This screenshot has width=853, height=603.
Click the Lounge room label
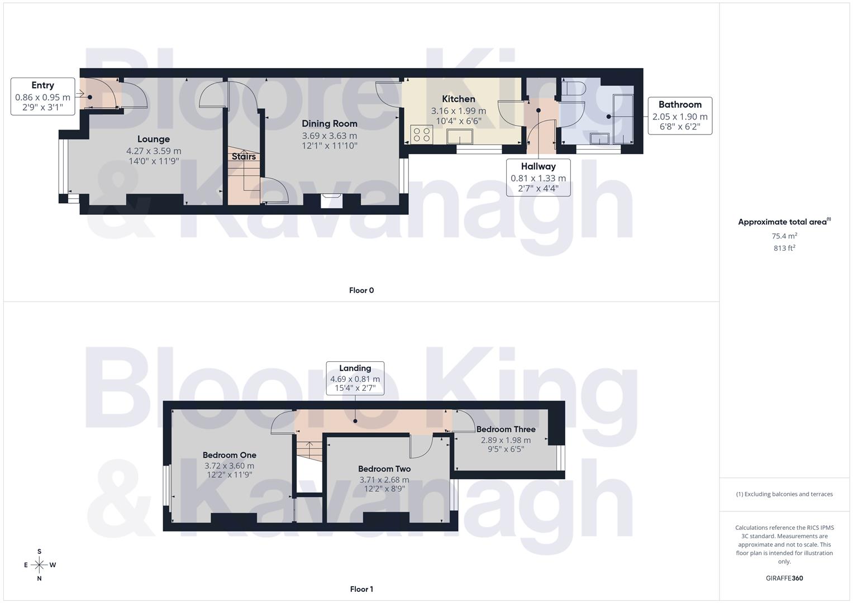click(x=154, y=139)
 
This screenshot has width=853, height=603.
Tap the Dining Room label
click(x=330, y=123)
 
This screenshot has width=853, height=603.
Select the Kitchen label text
click(x=459, y=99)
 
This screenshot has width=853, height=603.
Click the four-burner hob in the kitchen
click(x=421, y=134)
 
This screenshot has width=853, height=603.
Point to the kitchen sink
click(x=460, y=136)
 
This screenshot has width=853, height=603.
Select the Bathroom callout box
click(x=680, y=116)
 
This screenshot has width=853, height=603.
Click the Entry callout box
click(x=43, y=96)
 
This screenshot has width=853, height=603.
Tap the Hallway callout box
click(x=538, y=178)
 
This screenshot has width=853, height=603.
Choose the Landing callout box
click(x=355, y=378)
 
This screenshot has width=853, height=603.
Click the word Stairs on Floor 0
click(x=244, y=156)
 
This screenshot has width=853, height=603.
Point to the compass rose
click(x=39, y=565)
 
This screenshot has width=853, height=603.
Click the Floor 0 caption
click(x=361, y=290)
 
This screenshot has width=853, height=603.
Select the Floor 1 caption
click(x=361, y=589)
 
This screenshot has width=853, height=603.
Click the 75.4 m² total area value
click(x=784, y=236)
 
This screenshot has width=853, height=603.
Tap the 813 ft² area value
click(x=784, y=248)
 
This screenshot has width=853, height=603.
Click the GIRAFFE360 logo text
click(x=784, y=578)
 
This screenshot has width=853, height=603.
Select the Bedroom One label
click(x=229, y=455)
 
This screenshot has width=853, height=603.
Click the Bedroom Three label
click(x=506, y=429)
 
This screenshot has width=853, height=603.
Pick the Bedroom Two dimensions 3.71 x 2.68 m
click(x=384, y=480)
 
